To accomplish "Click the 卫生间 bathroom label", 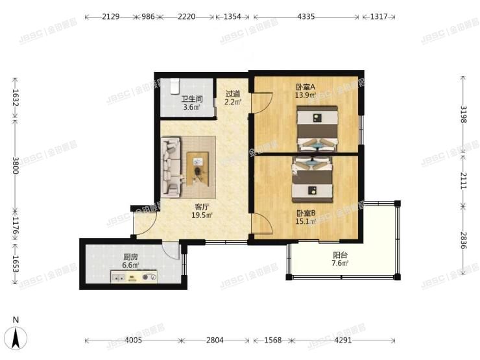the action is point(191,99).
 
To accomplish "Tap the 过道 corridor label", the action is point(232,93).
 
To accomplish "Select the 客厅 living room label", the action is point(202,207).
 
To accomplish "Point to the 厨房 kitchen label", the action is point(130,257).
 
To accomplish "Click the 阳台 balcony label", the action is point(340,255).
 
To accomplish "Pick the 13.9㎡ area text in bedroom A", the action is point(306,95).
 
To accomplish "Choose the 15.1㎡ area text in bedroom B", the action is point(306,221).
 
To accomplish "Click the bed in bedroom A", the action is point(317,129).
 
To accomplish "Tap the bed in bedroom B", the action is point(312,180).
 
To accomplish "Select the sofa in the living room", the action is point(171,167).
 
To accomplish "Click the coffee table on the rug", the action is point(197,169).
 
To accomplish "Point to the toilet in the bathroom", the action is point(174,86).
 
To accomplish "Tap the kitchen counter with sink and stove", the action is point(134,277).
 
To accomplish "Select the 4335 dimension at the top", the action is point(306,16).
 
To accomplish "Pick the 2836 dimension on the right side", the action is point(464,240).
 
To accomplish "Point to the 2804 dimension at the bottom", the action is point(215,340).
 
